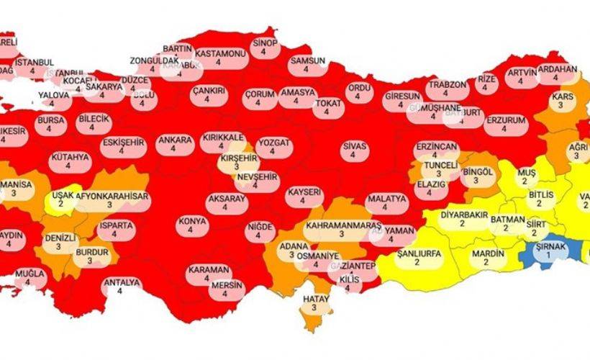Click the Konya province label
tap(190, 225)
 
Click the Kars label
tap(562, 100)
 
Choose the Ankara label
tap(173, 143)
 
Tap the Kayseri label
tap(303, 197)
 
